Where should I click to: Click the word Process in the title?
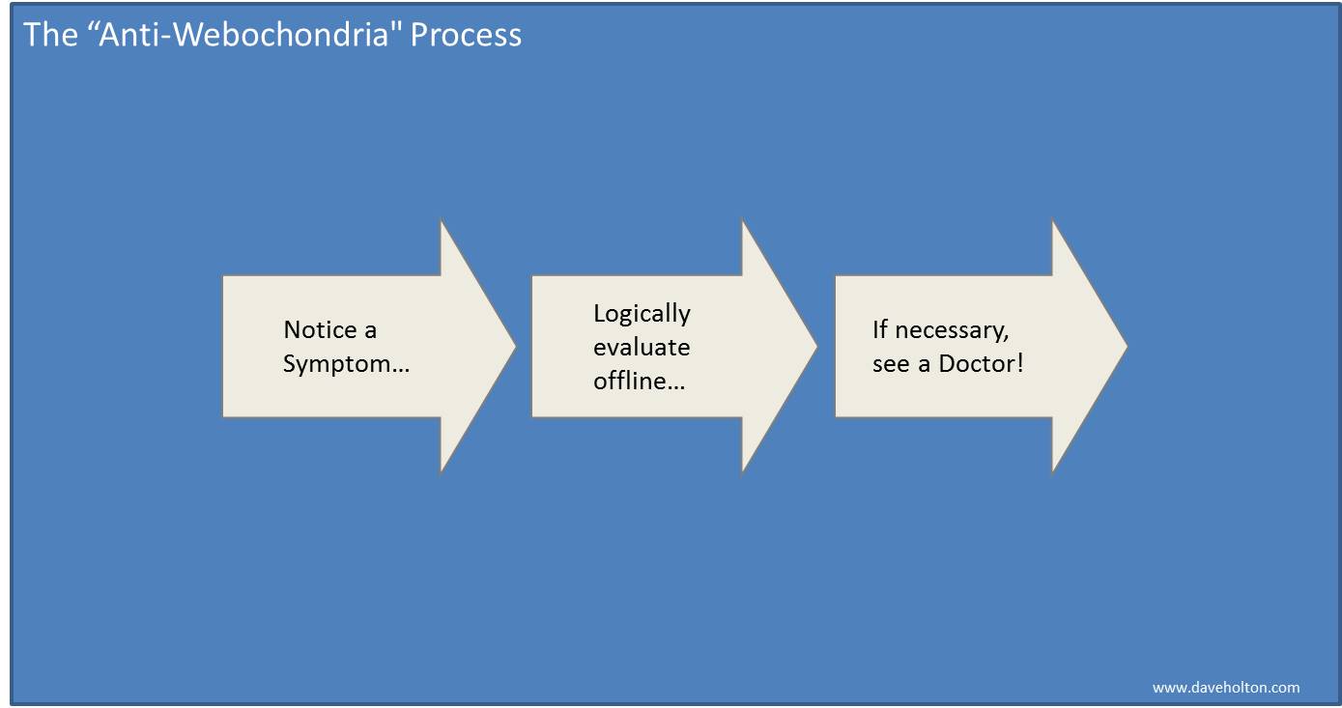(466, 35)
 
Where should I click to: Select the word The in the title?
(50, 35)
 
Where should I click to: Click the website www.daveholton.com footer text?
(1226, 687)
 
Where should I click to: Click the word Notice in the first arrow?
(320, 329)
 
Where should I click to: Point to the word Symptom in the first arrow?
(336, 364)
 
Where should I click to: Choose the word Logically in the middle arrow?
(642, 314)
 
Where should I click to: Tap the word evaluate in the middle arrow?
(641, 348)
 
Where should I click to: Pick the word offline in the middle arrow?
(629, 381)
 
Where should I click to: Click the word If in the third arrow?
(879, 329)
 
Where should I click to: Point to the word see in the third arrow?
(891, 364)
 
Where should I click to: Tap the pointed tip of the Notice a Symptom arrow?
(515, 346)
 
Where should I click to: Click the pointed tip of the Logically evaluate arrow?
(816, 346)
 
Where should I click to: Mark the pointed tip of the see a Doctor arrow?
(1127, 346)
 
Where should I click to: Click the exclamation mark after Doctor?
(1019, 363)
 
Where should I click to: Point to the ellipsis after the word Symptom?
(400, 371)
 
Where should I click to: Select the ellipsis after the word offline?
(675, 387)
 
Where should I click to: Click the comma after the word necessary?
(1006, 340)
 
